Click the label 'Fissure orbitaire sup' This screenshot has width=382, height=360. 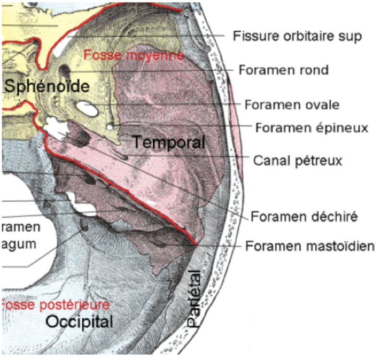coord(297,36)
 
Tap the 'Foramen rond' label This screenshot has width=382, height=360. coord(283,70)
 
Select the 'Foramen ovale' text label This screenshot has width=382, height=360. coord(292,105)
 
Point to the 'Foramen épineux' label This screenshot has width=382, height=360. coord(311,128)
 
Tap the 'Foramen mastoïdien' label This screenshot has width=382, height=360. coord(310,246)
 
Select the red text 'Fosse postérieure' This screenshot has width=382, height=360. coord(55,304)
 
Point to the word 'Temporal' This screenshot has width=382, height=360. coord(169,142)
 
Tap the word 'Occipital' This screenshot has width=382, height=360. coord(80,322)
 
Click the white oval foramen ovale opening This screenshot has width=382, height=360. coord(88,108)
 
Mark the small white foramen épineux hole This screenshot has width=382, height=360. coord(111,126)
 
